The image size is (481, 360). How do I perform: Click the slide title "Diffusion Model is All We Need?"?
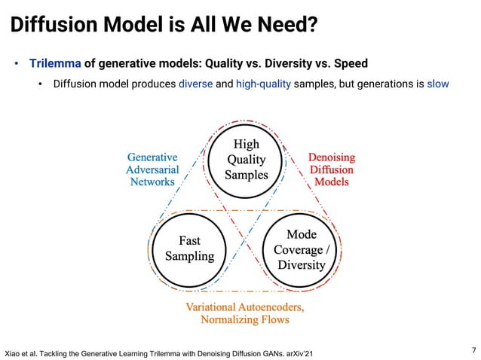[162, 26]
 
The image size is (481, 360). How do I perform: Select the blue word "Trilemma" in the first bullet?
[55, 63]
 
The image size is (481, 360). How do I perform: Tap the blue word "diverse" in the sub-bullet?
[196, 84]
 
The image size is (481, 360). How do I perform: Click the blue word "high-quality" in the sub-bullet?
[263, 84]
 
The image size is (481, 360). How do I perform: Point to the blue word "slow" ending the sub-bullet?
[438, 84]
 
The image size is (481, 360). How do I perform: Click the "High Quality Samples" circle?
[247, 160]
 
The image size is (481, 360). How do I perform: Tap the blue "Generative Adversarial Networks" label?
[152, 169]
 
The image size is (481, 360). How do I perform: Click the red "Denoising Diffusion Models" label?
[332, 169]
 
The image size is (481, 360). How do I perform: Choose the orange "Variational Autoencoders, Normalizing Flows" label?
[245, 313]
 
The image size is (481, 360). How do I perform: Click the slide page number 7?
[473, 349]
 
